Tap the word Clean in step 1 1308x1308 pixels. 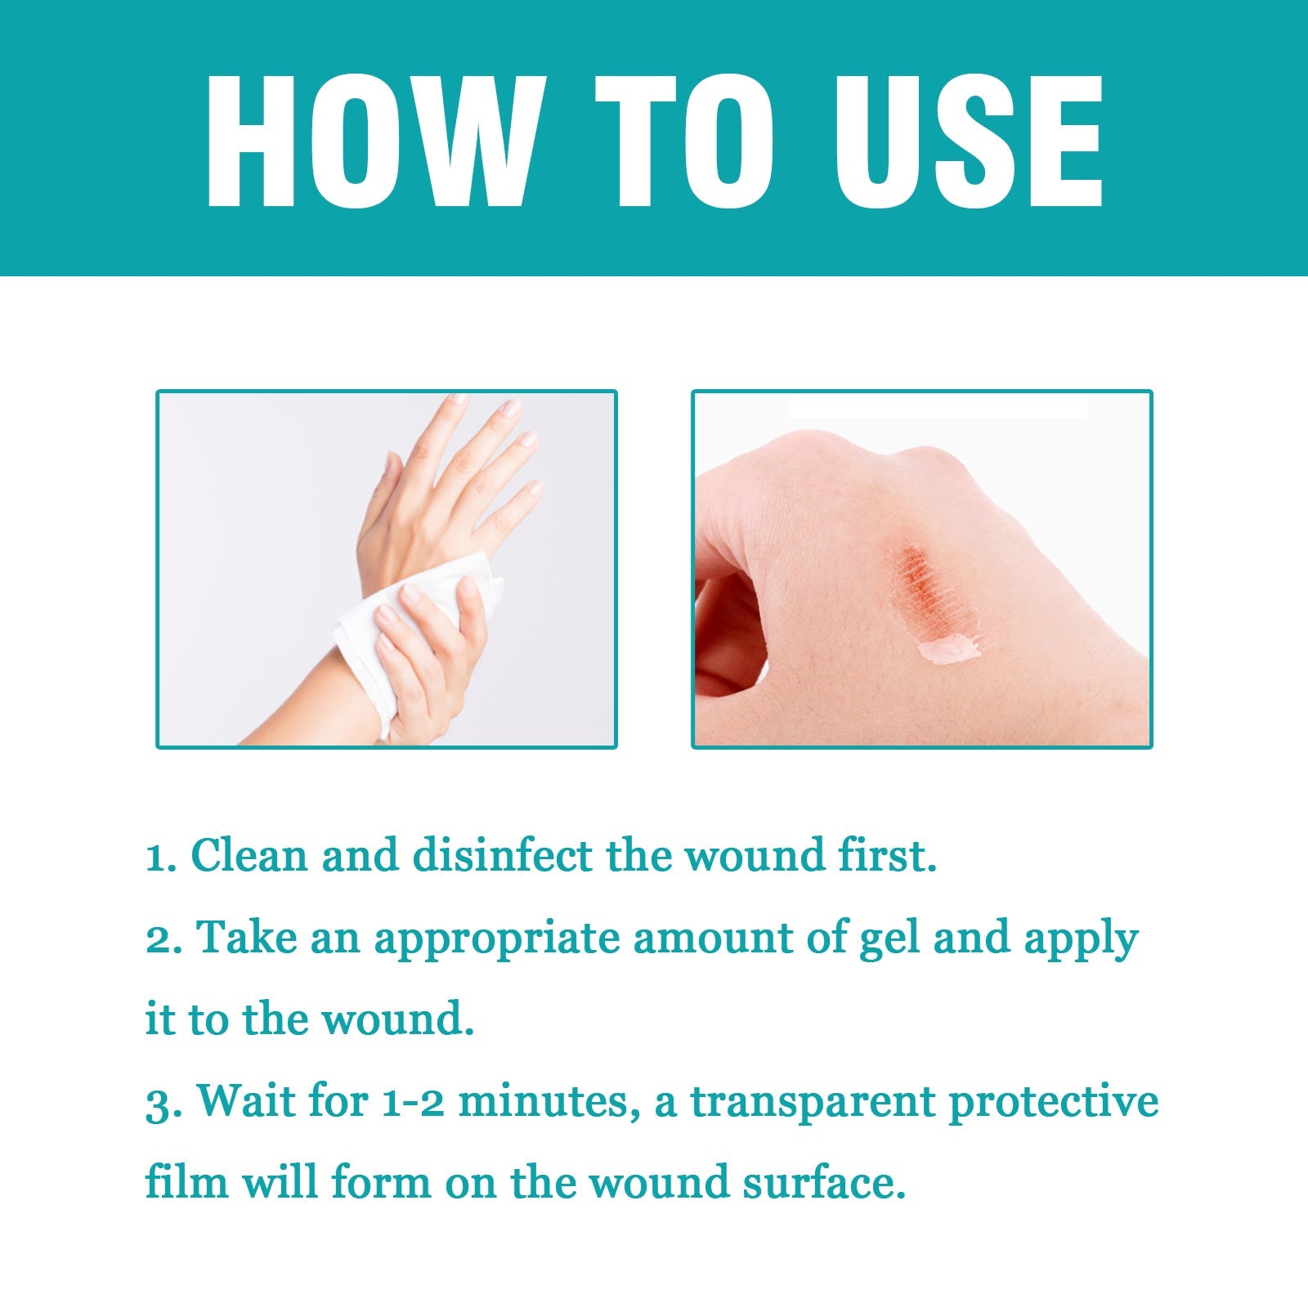click(249, 856)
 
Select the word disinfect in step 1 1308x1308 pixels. click(502, 856)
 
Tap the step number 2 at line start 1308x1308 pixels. click(156, 939)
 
